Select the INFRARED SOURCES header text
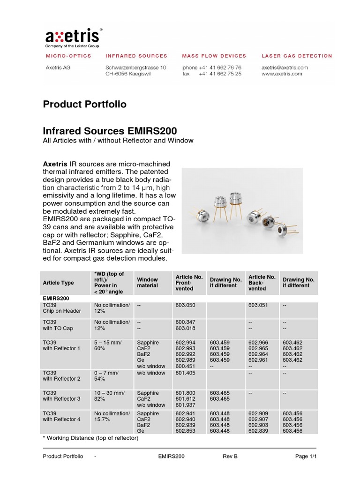tap(136, 56)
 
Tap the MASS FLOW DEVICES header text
tap(214, 56)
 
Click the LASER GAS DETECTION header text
tap(297, 56)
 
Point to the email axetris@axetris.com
tap(285, 67)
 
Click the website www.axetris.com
tap(282, 74)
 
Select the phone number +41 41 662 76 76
tap(220, 67)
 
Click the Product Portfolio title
tap(84, 104)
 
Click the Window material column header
tap(147, 282)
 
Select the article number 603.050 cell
tap(185, 305)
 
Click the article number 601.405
tap(185, 373)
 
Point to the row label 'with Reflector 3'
tap(61, 399)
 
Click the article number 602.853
tap(185, 431)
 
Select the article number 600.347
tap(185, 322)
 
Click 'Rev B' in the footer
tap(230, 456)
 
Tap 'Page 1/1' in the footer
tap(306, 456)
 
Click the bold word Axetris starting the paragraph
tap(55, 164)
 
